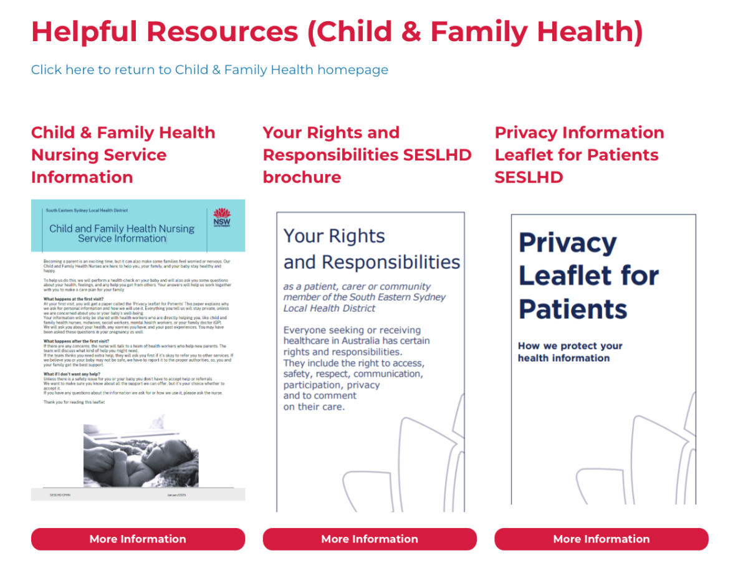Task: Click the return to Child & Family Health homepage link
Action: tap(209, 70)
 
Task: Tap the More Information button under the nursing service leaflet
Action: tap(138, 539)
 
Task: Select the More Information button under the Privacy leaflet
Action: tap(601, 539)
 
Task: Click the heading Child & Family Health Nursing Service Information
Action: tap(123, 155)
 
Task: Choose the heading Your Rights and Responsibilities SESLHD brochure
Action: tap(367, 155)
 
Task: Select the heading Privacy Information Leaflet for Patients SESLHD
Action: tap(579, 155)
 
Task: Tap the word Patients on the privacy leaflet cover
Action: tap(573, 309)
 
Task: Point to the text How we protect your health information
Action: tap(570, 352)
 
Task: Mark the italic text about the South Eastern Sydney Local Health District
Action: tap(364, 297)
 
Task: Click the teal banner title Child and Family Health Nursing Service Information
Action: tap(122, 233)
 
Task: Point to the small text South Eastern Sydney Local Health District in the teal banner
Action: tap(87, 211)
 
